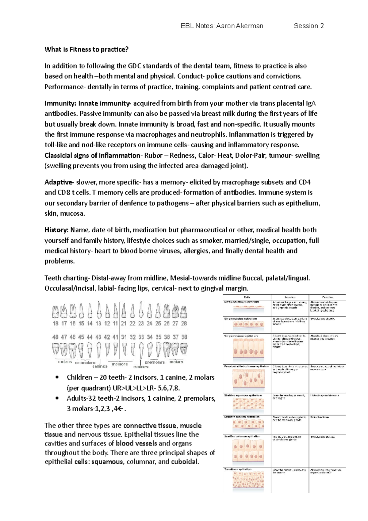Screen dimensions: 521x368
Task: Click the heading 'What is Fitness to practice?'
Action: tap(86, 49)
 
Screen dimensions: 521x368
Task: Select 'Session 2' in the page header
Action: tap(309, 26)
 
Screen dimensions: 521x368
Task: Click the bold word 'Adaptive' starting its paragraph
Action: tap(59, 182)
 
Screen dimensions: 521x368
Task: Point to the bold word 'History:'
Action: tap(56, 230)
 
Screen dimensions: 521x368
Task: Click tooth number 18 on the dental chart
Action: tap(56, 323)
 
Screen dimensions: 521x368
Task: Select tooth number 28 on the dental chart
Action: tap(184, 323)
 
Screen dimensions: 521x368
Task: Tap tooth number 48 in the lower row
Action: tap(55, 337)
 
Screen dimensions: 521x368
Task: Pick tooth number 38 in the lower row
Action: tap(184, 337)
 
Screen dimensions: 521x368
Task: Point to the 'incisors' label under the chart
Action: tap(120, 364)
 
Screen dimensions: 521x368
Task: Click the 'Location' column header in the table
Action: tap(290, 297)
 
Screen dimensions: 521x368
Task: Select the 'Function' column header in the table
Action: tap(327, 297)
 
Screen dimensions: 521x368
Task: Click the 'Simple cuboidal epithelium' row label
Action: tap(240, 319)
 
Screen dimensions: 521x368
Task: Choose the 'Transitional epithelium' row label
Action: tap(238, 469)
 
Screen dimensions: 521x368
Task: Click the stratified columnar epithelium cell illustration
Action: tap(248, 451)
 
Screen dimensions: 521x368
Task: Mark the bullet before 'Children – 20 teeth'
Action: tap(57, 377)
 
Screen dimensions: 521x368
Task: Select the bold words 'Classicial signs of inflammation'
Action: tap(92, 155)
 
